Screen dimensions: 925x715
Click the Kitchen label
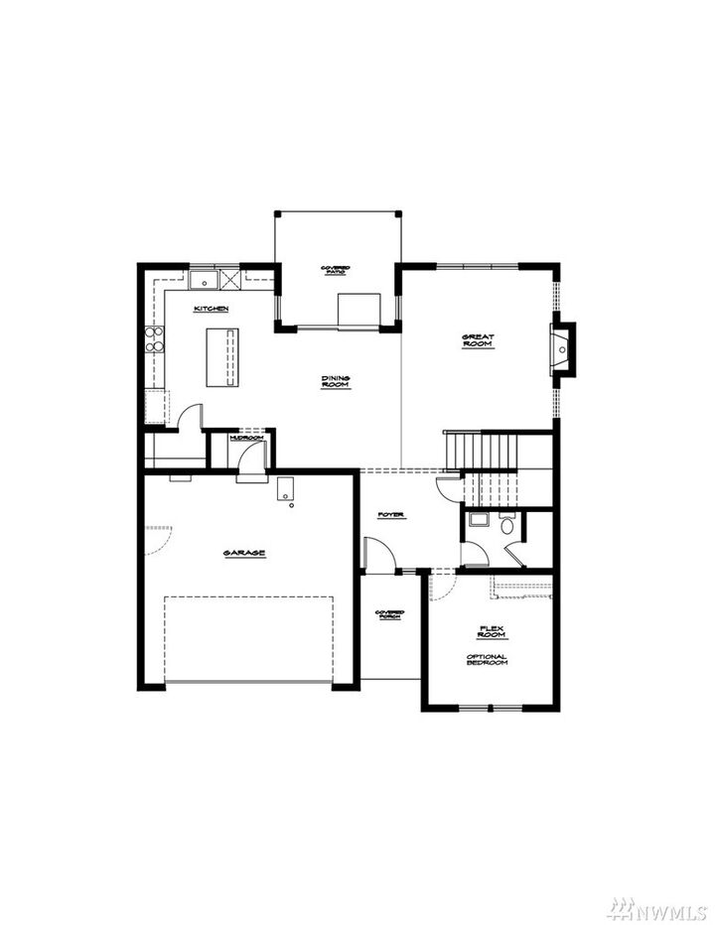pyautogui.click(x=212, y=309)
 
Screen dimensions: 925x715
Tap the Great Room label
pyautogui.click(x=478, y=340)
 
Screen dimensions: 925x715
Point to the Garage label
pyautogui.click(x=244, y=553)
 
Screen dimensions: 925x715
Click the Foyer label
pyautogui.click(x=391, y=515)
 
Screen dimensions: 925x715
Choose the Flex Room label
pyautogui.click(x=492, y=631)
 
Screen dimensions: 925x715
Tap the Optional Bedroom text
pyautogui.click(x=487, y=659)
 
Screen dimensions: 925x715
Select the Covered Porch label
pyautogui.click(x=389, y=615)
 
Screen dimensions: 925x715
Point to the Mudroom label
pyautogui.click(x=245, y=437)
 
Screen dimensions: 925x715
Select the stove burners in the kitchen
pyautogui.click(x=154, y=339)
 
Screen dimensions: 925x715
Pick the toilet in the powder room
pyautogui.click(x=507, y=525)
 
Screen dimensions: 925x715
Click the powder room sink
pyautogui.click(x=475, y=519)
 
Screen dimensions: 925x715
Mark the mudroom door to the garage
pyautogui.click(x=252, y=458)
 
